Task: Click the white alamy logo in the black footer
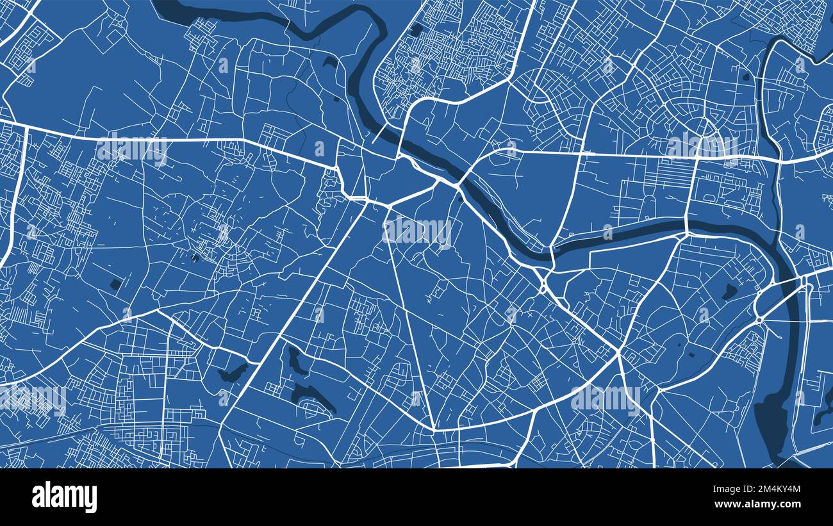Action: click(x=65, y=497)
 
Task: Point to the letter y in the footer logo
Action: click(x=92, y=499)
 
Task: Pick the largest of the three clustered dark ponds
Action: click(x=313, y=398)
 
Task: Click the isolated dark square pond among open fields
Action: click(x=115, y=284)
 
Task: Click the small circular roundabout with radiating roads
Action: click(x=759, y=319)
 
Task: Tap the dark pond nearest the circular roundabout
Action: click(x=729, y=292)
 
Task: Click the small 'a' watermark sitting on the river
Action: click(x=606, y=231)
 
